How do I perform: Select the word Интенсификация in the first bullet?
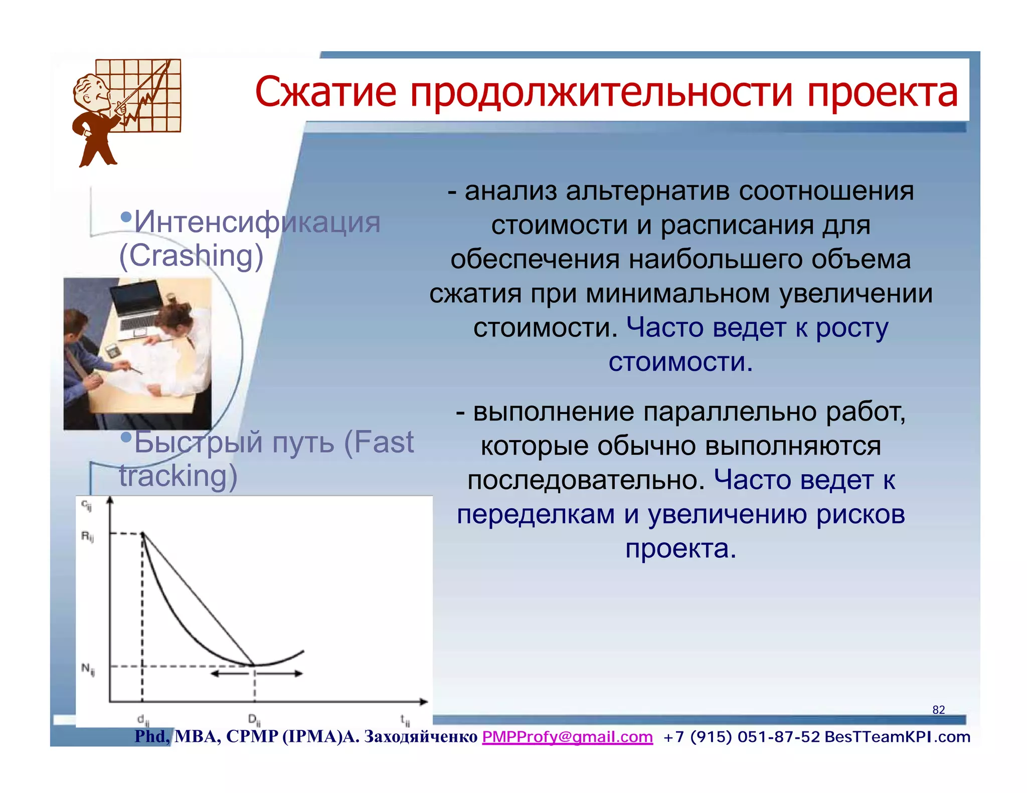click(x=257, y=222)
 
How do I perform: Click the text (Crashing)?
click(x=191, y=256)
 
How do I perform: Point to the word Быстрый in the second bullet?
click(x=198, y=442)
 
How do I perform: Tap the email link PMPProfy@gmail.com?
click(x=567, y=737)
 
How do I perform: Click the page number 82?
click(x=938, y=710)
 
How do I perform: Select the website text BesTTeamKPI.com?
click(x=897, y=737)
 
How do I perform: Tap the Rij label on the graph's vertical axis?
click(x=87, y=537)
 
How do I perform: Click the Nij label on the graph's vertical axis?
click(x=88, y=669)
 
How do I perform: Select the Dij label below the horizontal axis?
click(x=254, y=720)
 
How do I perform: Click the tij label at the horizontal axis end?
click(x=405, y=720)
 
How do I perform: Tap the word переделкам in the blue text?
click(x=536, y=515)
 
